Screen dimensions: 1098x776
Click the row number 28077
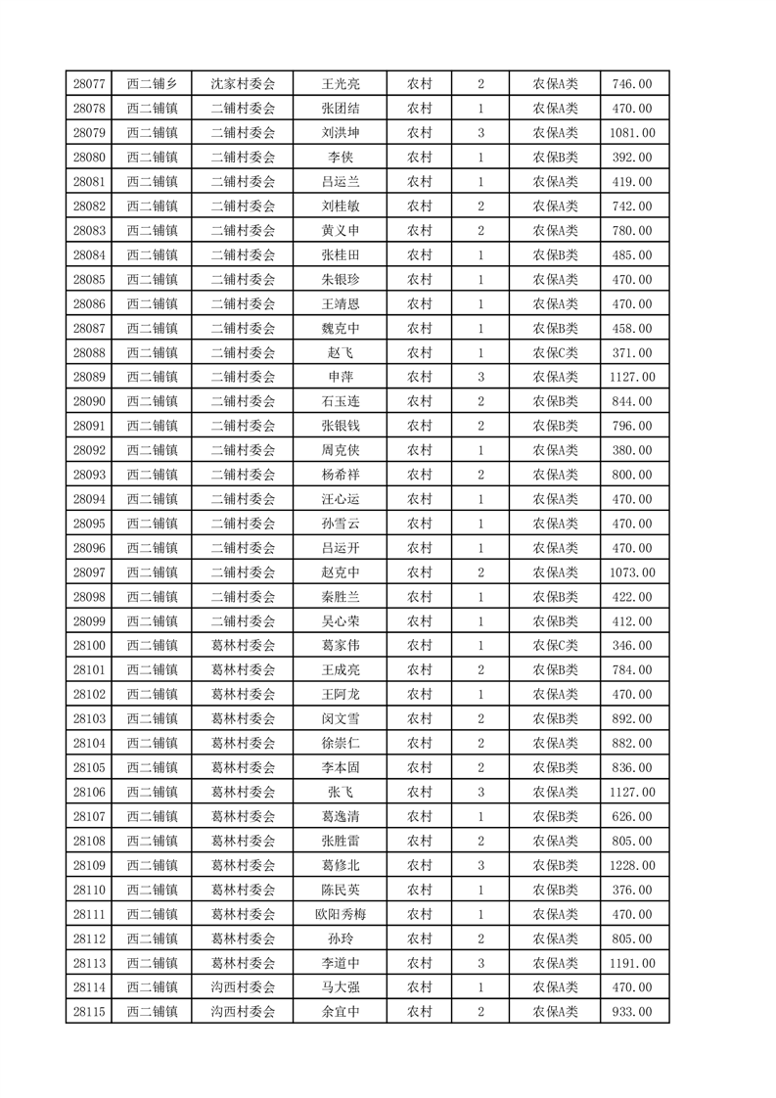(x=89, y=84)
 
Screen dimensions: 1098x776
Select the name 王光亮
(x=341, y=84)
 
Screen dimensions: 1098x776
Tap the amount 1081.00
(x=632, y=133)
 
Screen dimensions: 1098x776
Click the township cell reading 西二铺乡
(x=152, y=84)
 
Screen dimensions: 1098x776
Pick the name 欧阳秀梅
(x=341, y=914)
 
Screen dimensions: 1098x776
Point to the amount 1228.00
(x=632, y=865)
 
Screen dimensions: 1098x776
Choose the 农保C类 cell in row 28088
(x=555, y=352)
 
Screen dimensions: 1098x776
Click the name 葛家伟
(x=341, y=646)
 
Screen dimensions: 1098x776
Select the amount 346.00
(x=632, y=646)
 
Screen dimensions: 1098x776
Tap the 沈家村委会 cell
(x=244, y=84)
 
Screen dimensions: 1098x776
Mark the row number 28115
(x=89, y=1012)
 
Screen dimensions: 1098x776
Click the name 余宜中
(x=341, y=1012)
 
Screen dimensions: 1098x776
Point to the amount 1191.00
(x=632, y=963)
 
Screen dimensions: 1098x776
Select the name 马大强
(x=341, y=987)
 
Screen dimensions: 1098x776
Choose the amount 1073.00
(x=632, y=572)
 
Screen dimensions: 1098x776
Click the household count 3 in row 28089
(x=480, y=377)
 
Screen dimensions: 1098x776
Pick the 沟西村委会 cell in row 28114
(x=244, y=987)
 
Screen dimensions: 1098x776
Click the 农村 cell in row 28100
(x=419, y=646)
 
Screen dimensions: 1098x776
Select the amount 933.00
(x=632, y=1012)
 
